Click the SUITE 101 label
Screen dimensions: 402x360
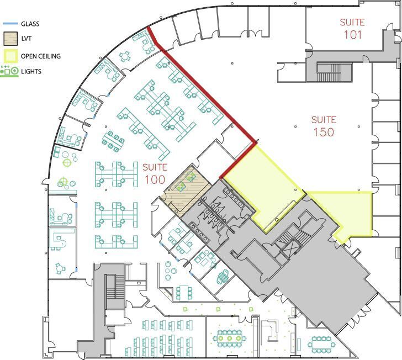[352, 29]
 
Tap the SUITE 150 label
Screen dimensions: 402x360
[324, 126]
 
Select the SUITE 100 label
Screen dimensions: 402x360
[155, 174]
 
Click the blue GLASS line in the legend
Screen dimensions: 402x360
[10, 24]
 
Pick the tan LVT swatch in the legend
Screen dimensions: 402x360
[10, 39]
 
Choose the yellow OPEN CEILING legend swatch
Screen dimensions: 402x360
[10, 56]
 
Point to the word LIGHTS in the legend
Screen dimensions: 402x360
[31, 71]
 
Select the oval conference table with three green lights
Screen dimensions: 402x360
[230, 338]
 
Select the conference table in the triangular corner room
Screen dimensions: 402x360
[321, 343]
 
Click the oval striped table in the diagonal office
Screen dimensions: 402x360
[223, 277]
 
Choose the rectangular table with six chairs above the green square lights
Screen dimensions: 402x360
[184, 293]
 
